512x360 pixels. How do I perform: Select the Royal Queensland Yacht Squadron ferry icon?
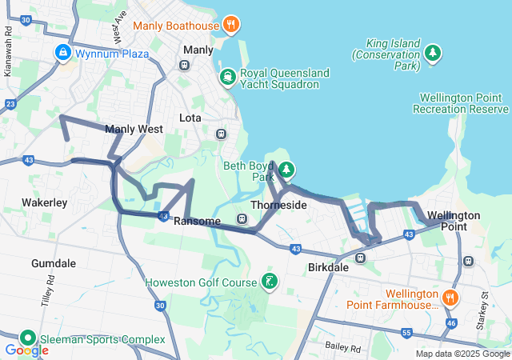228,78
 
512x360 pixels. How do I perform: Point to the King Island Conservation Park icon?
433,53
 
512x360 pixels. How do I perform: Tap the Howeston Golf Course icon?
270,282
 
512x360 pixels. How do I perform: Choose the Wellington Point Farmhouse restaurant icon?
451,298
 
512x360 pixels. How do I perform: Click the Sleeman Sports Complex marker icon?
28,339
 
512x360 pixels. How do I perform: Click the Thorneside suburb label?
278,206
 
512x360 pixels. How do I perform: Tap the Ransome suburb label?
197,222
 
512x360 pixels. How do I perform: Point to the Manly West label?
134,129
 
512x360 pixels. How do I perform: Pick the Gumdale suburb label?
53,263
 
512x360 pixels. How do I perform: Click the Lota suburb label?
190,118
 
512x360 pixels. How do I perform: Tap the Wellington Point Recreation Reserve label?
461,103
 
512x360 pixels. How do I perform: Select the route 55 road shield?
406,332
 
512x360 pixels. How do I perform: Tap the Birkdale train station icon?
360,258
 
